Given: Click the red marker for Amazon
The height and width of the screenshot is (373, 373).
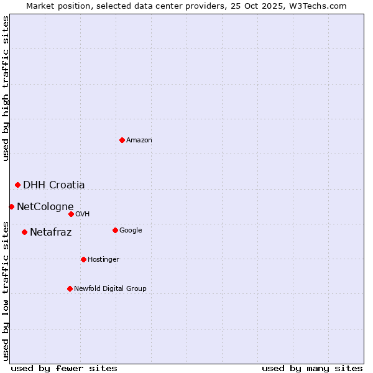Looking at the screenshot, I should coord(122,140).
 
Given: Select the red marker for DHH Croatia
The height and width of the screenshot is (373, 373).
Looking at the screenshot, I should coord(17,185).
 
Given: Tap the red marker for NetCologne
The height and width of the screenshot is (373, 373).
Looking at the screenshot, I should coord(11,206).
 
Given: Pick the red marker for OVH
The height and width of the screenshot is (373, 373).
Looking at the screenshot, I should coord(71,214).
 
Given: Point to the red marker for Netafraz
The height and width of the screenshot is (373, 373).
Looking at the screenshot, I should coord(24,232).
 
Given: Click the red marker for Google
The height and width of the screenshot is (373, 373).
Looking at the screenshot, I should coord(115,230).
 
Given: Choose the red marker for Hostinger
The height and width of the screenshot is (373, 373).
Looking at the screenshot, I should coord(83,259).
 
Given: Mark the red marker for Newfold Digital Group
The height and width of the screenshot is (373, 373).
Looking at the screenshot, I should coord(70,288).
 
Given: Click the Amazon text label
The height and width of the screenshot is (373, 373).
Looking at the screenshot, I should coord(139,140).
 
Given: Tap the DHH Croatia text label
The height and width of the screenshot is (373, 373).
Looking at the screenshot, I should coord(54,185).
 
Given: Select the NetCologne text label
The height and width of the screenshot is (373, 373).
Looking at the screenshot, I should coord(45,207).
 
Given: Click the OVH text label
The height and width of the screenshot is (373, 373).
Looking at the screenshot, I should coord(83,214).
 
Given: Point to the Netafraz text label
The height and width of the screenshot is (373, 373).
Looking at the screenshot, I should coord(51,233).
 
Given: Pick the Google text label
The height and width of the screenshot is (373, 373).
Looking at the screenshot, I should coord(131,231).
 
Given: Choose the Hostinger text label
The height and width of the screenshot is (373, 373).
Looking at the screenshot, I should coord(103,260).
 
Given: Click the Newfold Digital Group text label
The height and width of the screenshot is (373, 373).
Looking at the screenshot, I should coord(111,289).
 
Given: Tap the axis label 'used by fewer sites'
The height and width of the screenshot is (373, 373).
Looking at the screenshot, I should coord(64,368).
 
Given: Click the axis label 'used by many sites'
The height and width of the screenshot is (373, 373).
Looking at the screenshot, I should coord(312,368).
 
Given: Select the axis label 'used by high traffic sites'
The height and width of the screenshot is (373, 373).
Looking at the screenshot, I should coord(6,88).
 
